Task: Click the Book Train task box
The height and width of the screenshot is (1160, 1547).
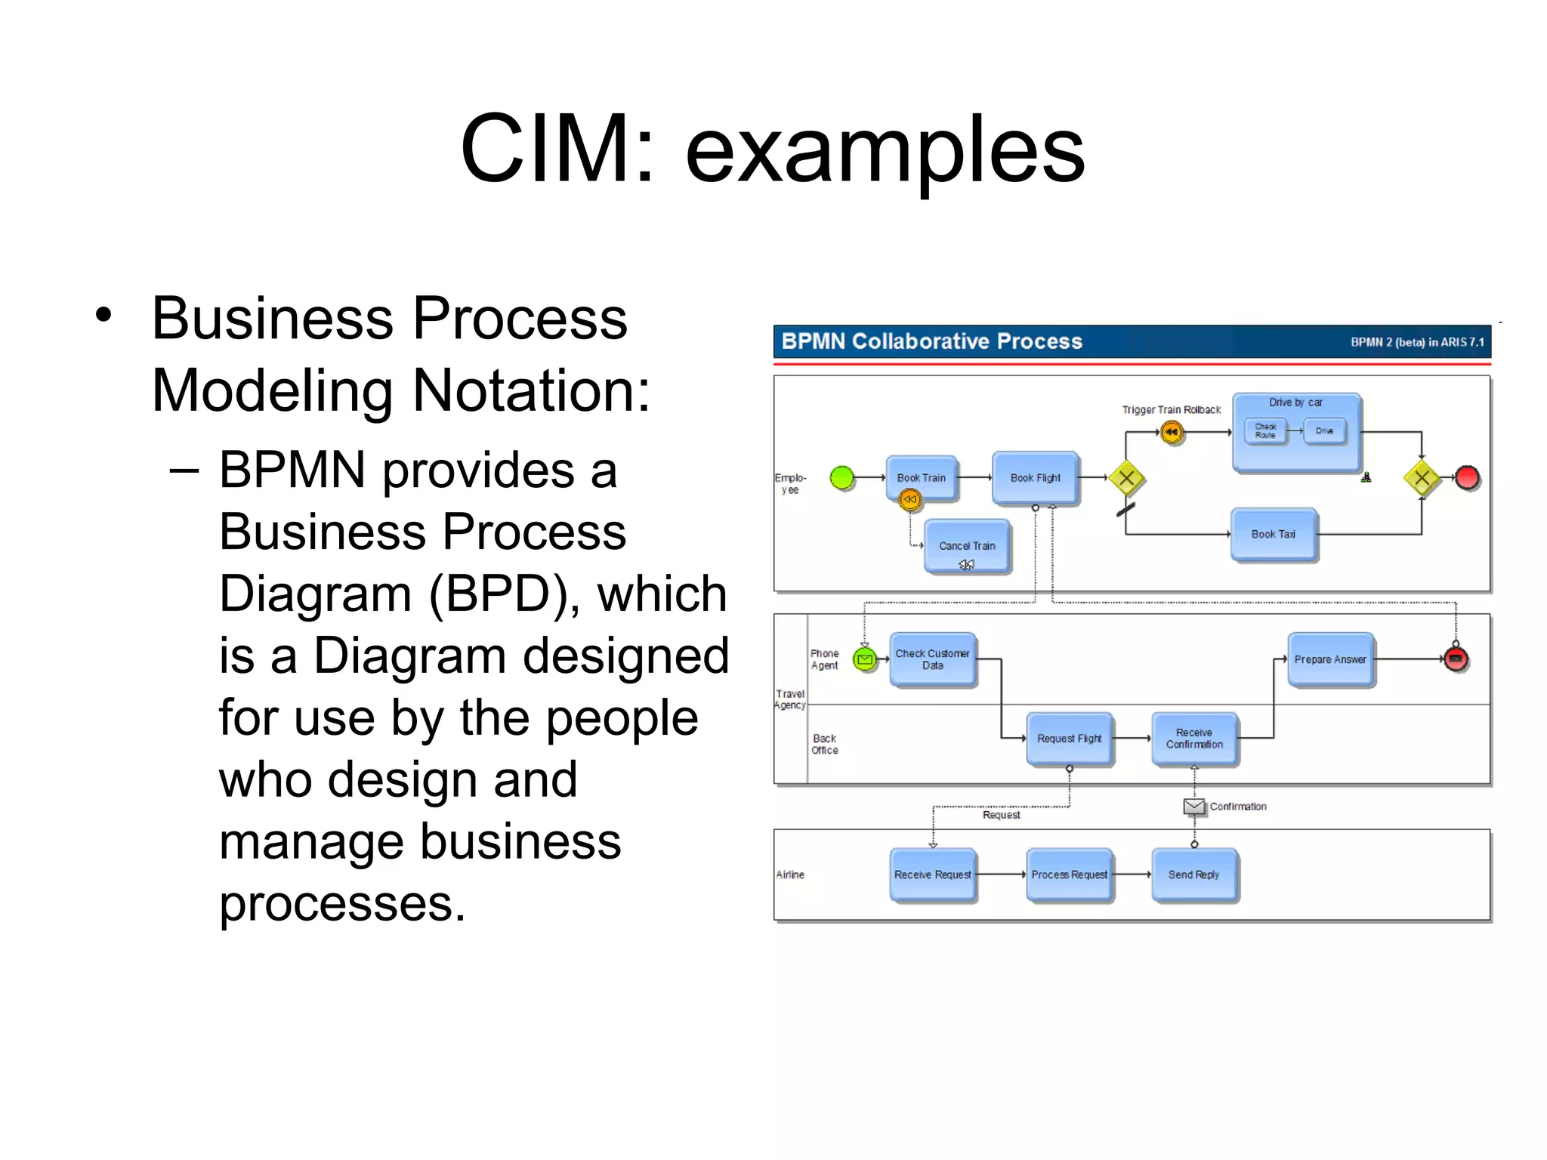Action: pyautogui.click(x=922, y=478)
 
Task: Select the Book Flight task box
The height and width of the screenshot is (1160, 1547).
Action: pyautogui.click(x=1036, y=478)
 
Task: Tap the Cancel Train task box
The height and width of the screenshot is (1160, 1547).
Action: pyautogui.click(x=967, y=546)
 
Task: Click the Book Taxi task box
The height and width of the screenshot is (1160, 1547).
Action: pyautogui.click(x=1274, y=535)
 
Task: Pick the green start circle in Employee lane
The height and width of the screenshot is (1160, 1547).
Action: pyautogui.click(x=842, y=477)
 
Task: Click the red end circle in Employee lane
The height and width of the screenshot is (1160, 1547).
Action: pyautogui.click(x=1467, y=477)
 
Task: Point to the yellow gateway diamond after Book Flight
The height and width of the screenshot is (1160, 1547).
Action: pyautogui.click(x=1126, y=477)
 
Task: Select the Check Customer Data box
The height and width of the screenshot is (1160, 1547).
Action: pyautogui.click(x=933, y=659)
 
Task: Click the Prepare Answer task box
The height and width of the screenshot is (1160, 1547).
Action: pyautogui.click(x=1330, y=659)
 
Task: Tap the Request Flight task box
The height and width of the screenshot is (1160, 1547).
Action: pyautogui.click(x=1070, y=739)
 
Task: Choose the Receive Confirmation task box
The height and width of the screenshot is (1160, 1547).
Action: pyautogui.click(x=1194, y=739)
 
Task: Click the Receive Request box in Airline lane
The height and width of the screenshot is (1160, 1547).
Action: pyautogui.click(x=933, y=875)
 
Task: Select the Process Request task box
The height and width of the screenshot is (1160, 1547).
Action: pyautogui.click(x=1070, y=875)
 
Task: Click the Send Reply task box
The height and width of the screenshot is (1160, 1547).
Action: pyautogui.click(x=1194, y=875)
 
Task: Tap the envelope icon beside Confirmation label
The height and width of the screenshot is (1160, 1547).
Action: pyautogui.click(x=1194, y=807)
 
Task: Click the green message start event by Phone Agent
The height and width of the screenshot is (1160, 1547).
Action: pyautogui.click(x=865, y=659)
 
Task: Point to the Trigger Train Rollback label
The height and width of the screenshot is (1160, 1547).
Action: pyautogui.click(x=1171, y=410)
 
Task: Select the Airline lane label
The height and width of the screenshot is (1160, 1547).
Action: pyautogui.click(x=790, y=875)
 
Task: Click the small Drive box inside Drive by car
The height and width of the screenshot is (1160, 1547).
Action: pyautogui.click(x=1324, y=431)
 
